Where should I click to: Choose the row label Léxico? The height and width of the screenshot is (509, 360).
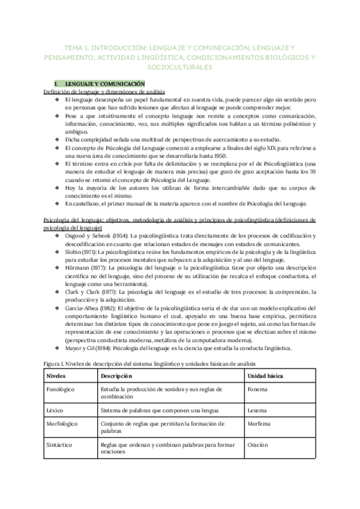(x=55, y=410)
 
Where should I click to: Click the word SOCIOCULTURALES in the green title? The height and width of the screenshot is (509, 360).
(x=180, y=67)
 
